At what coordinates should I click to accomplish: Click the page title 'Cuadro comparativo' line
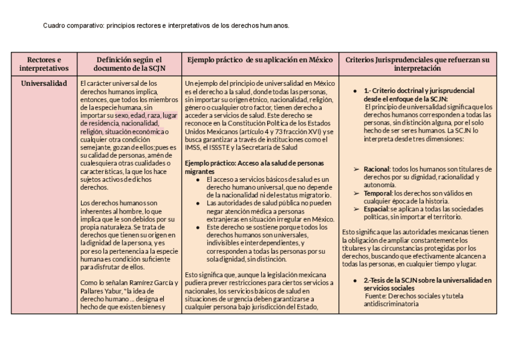point(166,26)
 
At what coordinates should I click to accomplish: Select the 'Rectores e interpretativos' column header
point(44,64)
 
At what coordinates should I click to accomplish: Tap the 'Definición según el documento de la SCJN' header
point(130,64)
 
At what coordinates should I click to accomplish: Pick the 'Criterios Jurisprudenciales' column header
point(418,64)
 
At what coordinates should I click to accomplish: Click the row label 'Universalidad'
point(44,83)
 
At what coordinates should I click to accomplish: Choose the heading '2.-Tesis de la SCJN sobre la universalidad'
point(427,280)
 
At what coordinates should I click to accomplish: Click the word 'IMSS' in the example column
point(193,147)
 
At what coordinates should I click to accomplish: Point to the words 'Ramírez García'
point(153,283)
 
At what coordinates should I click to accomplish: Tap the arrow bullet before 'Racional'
point(357,169)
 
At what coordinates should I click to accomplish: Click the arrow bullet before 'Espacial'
point(357,208)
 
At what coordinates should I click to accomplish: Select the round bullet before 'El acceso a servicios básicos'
point(198,179)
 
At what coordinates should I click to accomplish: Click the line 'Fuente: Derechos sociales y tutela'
point(412,296)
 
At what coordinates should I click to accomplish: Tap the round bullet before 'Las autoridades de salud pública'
point(198,203)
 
